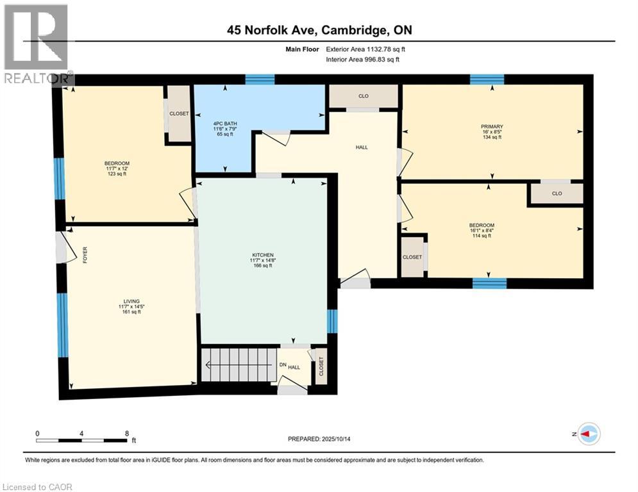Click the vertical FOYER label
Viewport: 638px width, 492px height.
point(84,254)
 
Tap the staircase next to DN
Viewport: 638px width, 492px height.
point(238,365)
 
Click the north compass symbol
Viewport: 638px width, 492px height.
point(589,434)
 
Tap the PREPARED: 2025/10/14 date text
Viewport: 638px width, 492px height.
point(319,439)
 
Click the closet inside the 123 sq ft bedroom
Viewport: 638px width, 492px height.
point(179,114)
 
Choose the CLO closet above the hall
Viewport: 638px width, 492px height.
point(364,96)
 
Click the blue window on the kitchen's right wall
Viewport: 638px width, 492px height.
point(332,321)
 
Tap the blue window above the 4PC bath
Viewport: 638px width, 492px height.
point(260,79)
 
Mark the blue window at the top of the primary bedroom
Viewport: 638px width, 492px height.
point(487,79)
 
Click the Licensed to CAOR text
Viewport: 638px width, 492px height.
point(37,487)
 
